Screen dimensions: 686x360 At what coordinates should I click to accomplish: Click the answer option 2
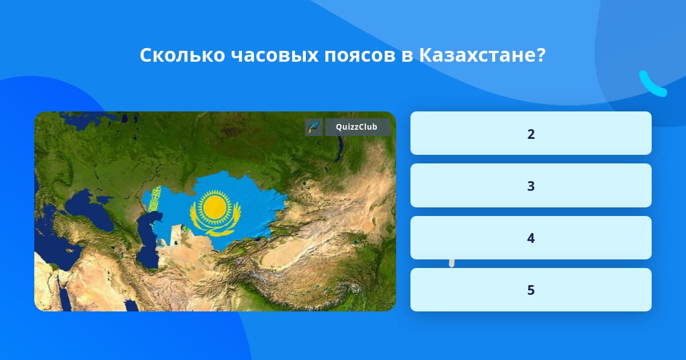click(531, 133)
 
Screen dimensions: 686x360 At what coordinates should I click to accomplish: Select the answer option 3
click(531, 186)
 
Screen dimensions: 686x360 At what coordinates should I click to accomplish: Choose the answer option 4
click(531, 238)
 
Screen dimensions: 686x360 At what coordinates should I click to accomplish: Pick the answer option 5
click(531, 290)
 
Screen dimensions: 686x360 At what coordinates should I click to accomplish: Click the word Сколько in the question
click(182, 55)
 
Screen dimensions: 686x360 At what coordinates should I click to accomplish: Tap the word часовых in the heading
click(274, 56)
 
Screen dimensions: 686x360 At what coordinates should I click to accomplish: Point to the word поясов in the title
click(360, 56)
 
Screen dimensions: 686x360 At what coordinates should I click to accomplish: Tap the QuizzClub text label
click(357, 127)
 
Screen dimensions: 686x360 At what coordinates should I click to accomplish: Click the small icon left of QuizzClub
click(314, 127)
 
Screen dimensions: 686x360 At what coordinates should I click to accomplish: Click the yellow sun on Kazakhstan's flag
click(215, 206)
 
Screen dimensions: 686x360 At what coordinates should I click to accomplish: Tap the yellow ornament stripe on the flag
click(154, 199)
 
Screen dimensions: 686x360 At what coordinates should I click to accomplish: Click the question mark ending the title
click(541, 55)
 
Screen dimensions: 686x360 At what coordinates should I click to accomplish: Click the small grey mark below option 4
click(452, 263)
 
